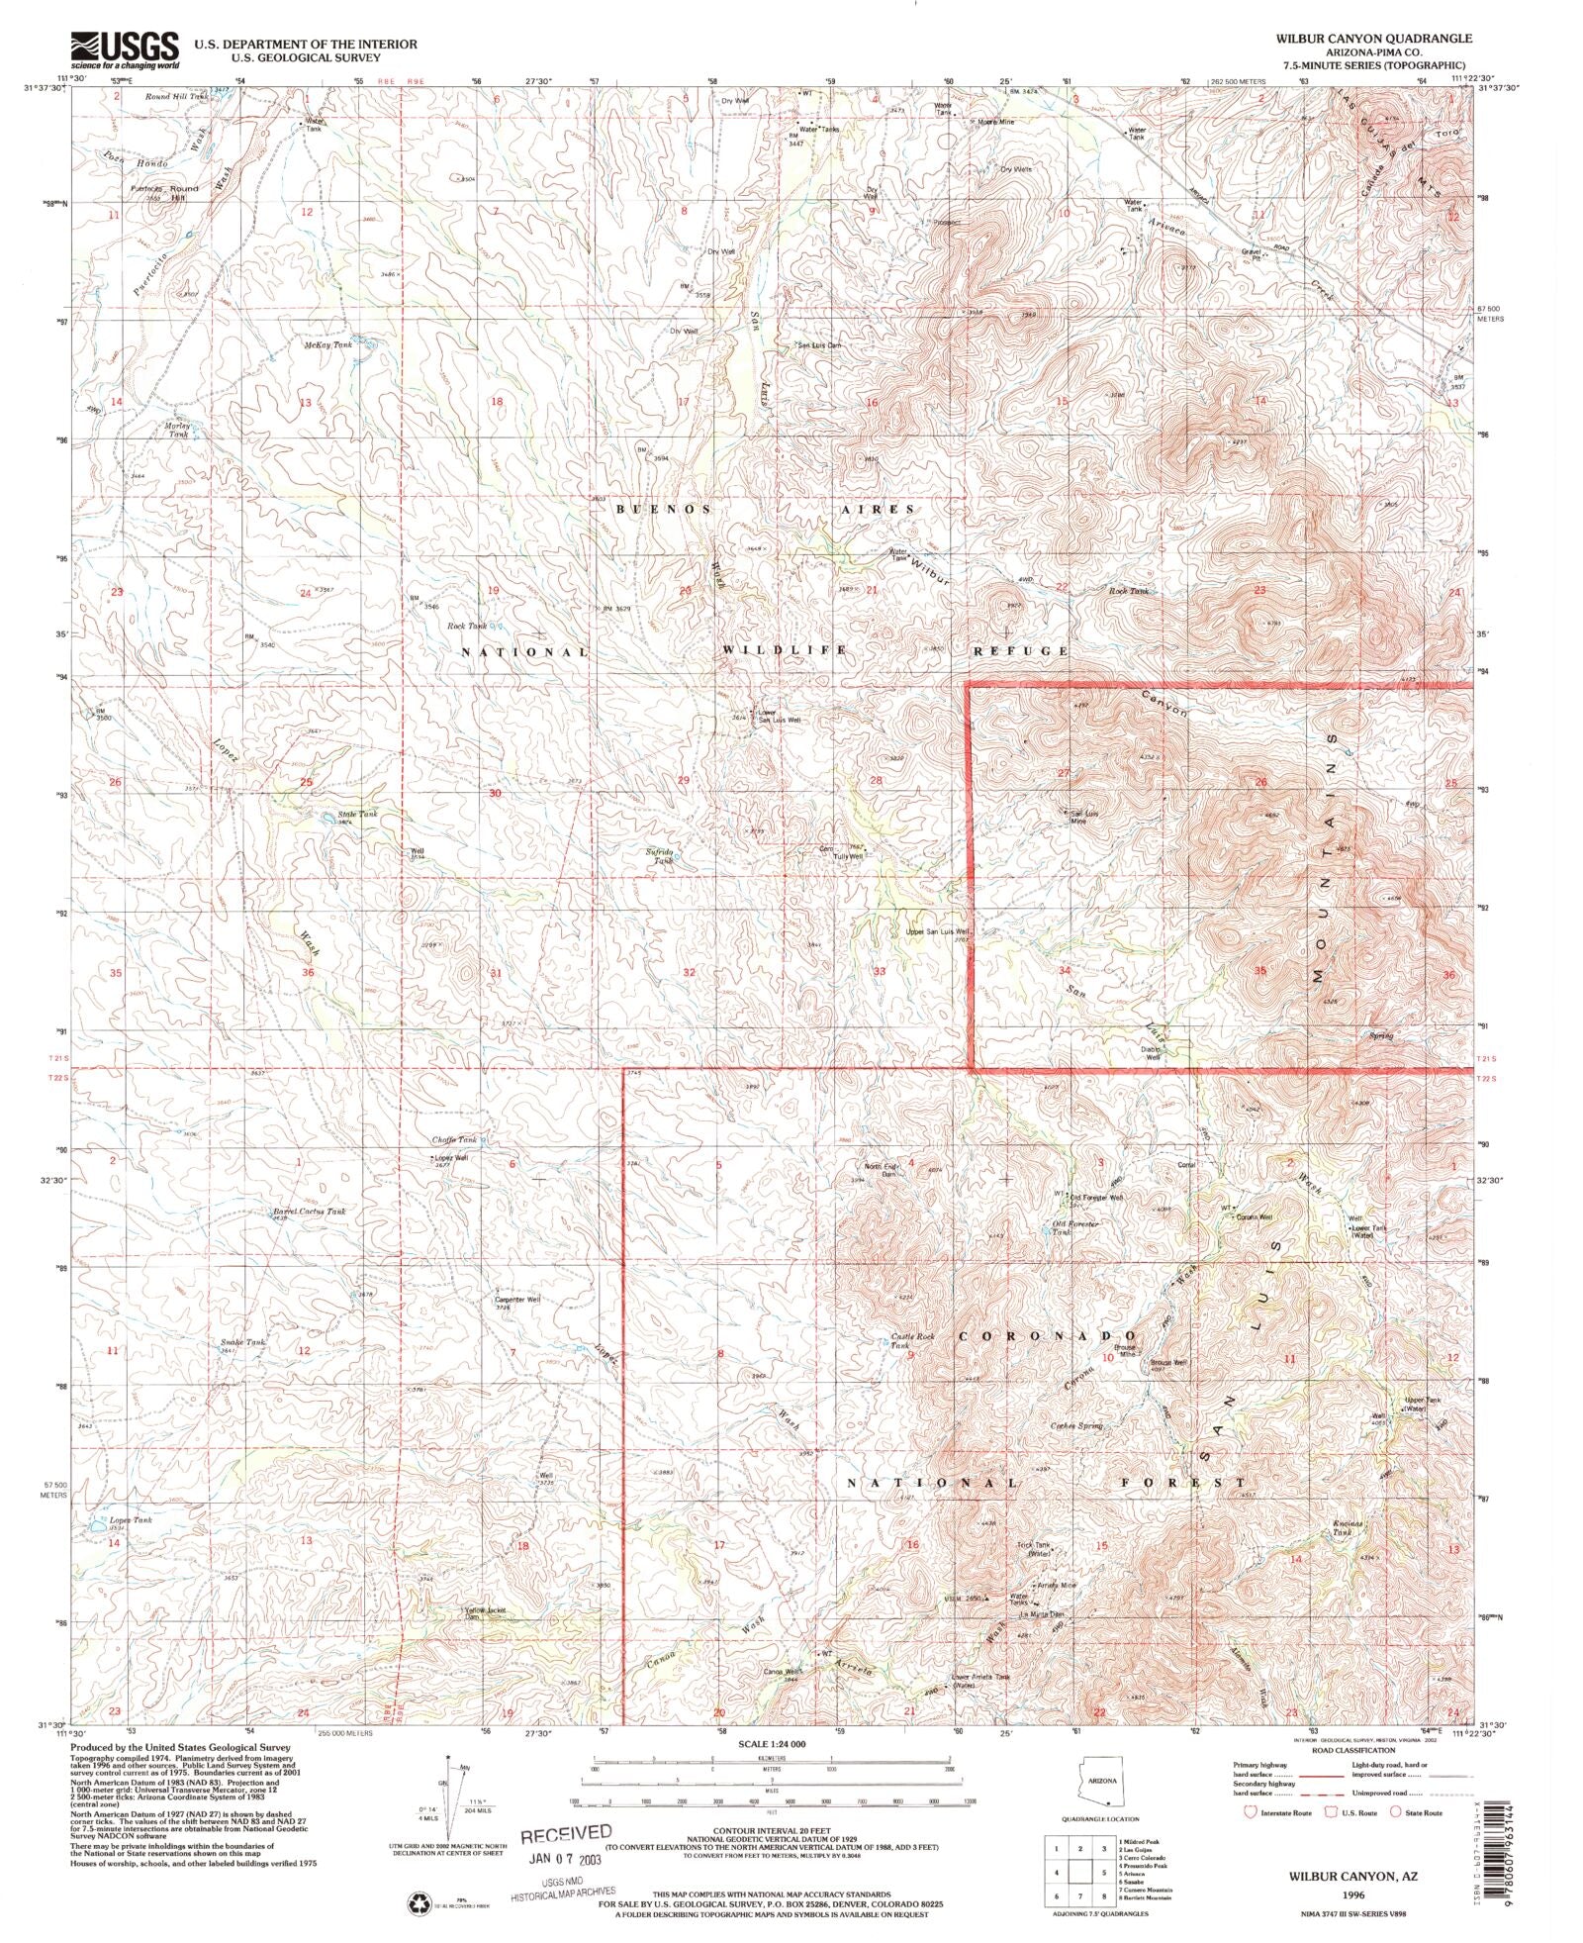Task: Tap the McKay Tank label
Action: coord(328,344)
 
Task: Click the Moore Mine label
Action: coord(995,122)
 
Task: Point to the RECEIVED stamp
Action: coord(567,1833)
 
